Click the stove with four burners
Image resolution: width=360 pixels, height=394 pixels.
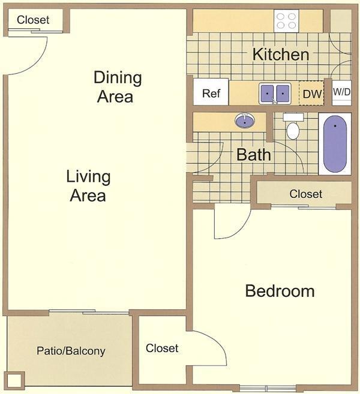(286, 21)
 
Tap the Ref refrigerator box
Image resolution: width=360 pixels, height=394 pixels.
(211, 93)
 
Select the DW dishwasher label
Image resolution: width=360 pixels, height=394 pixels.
(311, 94)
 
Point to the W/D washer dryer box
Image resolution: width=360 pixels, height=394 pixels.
(341, 92)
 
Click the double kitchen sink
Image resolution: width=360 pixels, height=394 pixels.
(275, 94)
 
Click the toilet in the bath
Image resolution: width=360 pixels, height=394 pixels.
(293, 128)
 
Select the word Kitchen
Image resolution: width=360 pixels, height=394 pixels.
(280, 55)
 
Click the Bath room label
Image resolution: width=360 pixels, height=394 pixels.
(253, 155)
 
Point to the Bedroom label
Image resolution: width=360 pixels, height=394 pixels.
(280, 291)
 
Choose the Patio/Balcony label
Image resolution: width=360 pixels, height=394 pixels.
(71, 351)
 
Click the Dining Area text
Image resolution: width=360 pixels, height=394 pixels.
(118, 86)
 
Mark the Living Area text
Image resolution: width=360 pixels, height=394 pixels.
(88, 186)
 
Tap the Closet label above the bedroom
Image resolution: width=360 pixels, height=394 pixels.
(305, 194)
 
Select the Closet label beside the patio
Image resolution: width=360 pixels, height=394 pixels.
(162, 348)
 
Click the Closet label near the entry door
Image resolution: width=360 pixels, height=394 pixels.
(33, 20)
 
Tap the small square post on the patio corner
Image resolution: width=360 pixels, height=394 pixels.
(15, 380)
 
